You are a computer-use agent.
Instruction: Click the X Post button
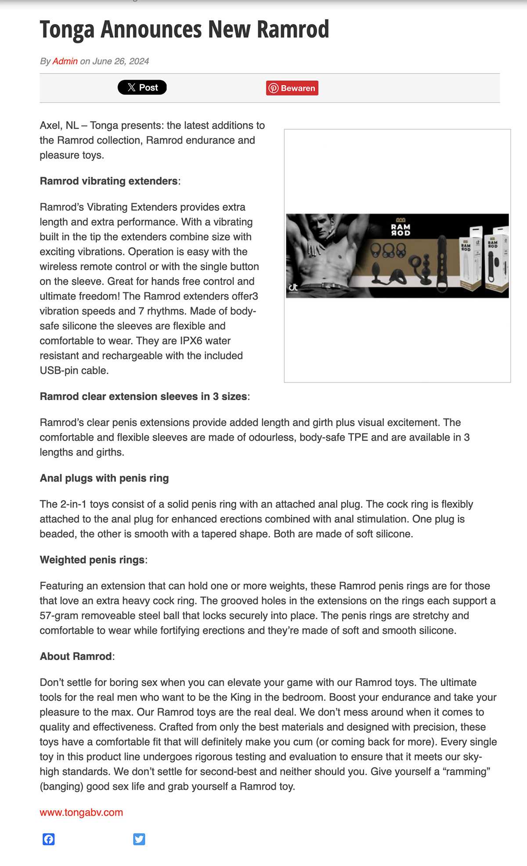pyautogui.click(x=142, y=87)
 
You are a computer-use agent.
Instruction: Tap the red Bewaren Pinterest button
pyautogui.click(x=292, y=88)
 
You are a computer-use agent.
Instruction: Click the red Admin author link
pyautogui.click(x=65, y=61)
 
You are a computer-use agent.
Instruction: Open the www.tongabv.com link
pyautogui.click(x=81, y=812)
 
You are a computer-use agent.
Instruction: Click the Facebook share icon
pyautogui.click(x=49, y=839)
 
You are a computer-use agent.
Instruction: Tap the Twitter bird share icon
pyautogui.click(x=139, y=839)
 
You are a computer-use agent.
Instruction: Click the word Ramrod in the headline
pyautogui.click(x=292, y=29)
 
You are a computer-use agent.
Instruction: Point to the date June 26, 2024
pyautogui.click(x=120, y=61)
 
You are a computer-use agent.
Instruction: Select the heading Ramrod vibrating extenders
pyautogui.click(x=108, y=181)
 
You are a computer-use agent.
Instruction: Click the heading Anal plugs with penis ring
pyautogui.click(x=104, y=478)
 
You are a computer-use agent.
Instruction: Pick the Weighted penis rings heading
pyautogui.click(x=92, y=560)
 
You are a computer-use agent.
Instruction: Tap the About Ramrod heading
pyautogui.click(x=76, y=656)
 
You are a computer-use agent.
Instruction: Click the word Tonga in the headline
pyautogui.click(x=67, y=29)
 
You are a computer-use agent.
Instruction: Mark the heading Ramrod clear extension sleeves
pyautogui.click(x=143, y=396)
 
